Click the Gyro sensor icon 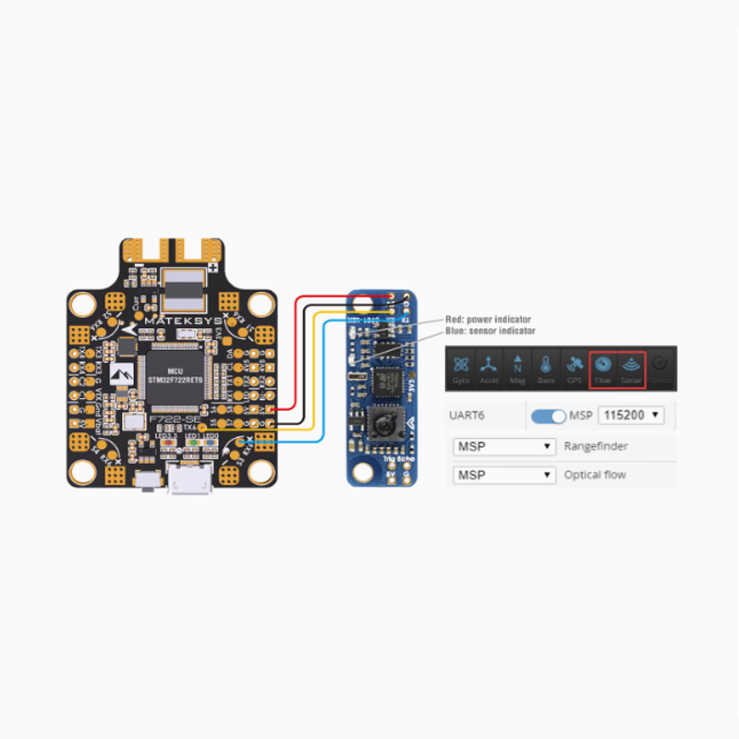pos(460,365)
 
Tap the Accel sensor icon pos(489,365)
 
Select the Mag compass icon pos(517,365)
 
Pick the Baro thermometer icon pos(546,365)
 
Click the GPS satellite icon pos(574,365)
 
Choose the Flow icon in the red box pos(603,367)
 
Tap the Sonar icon pos(631,367)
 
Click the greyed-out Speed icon pos(660,367)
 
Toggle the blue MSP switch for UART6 pos(549,416)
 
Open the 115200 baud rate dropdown pos(632,416)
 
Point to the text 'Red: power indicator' pos(488,320)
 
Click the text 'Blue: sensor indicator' pos(490,331)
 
